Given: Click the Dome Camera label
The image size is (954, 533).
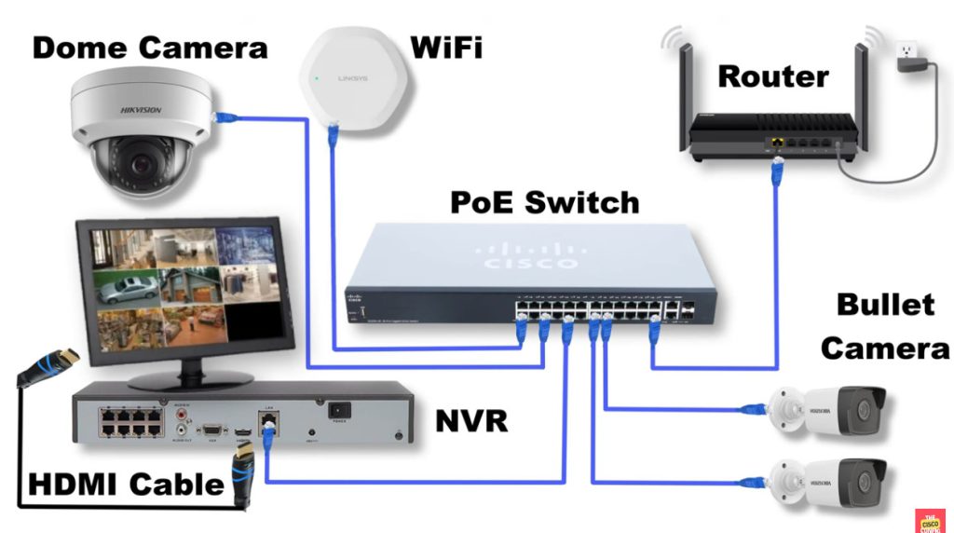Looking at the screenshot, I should point(150,48).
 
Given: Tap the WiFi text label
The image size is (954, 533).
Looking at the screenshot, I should point(446,47).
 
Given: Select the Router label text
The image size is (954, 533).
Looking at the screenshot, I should point(772,76).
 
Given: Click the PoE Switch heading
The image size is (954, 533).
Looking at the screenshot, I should point(545,202).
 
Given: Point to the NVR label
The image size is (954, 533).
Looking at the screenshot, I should point(472,421).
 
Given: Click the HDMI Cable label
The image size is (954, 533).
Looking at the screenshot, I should point(126,485).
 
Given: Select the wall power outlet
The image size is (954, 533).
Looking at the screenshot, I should point(906,53).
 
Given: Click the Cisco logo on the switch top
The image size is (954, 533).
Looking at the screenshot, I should point(527,256).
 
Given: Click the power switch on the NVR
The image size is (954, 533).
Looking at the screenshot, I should point(339,409).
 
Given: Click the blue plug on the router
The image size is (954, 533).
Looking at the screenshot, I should point(776,168).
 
